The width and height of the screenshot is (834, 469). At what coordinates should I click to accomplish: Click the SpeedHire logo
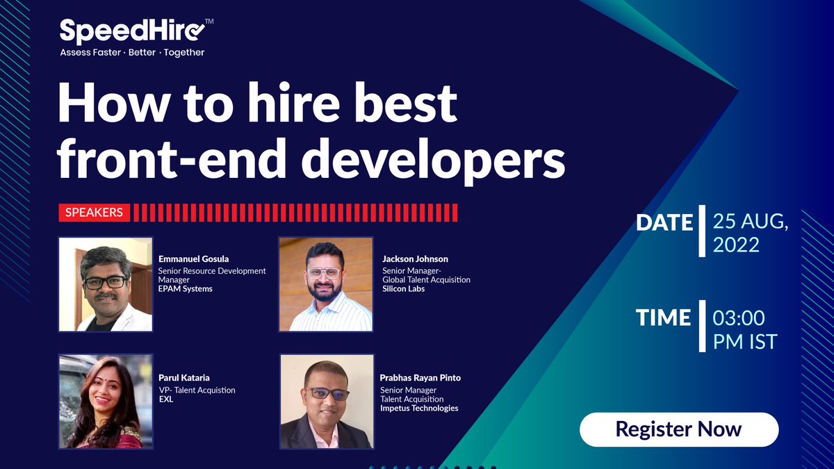point(133,32)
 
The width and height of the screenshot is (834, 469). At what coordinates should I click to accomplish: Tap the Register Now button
point(678,429)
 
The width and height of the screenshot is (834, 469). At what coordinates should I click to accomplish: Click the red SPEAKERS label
point(94,213)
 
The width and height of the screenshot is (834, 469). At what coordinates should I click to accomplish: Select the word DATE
point(665,222)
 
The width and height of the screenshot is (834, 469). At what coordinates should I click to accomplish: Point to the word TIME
point(664,318)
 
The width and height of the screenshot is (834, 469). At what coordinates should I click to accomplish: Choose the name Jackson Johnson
point(415,259)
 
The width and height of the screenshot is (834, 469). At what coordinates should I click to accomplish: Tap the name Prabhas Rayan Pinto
point(420,378)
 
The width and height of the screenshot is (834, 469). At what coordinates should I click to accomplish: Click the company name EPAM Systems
point(186,288)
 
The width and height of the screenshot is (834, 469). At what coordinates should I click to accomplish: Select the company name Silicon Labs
point(404,288)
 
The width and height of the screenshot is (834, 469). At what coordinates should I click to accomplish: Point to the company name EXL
point(166,400)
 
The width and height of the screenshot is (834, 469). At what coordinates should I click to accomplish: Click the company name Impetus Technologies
point(419,408)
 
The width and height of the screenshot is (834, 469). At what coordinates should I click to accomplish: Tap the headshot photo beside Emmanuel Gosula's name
point(106,284)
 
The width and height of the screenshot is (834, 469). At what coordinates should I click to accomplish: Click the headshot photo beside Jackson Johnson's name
point(326,284)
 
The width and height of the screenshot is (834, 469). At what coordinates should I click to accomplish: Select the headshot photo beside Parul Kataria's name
point(106,402)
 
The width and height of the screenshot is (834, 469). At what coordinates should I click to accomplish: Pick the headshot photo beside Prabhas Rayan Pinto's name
point(326,402)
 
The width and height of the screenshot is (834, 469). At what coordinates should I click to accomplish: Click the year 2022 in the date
point(736,245)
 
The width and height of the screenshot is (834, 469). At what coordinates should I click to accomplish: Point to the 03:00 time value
point(739,318)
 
